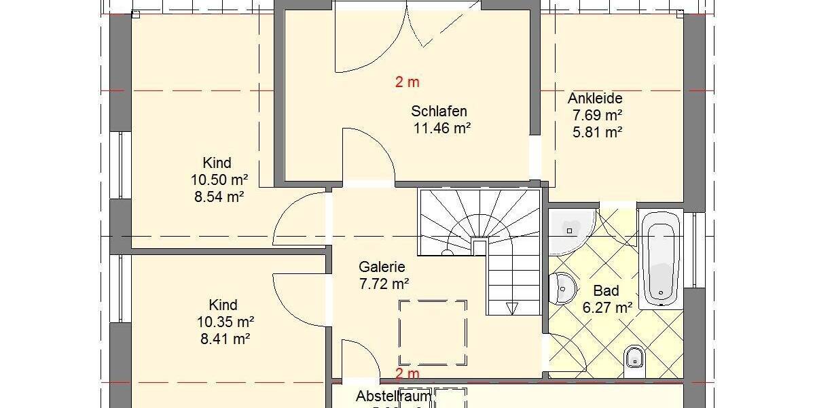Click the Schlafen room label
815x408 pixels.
coord(439,112)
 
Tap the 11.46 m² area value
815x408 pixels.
coord(442,127)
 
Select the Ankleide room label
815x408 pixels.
coord(595,99)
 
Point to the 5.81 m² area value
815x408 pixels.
coord(598,133)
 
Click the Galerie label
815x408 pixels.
coord(382,267)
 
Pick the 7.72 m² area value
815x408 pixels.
coord(384,284)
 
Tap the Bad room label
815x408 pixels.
coord(606,291)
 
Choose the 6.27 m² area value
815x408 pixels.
coord(607,307)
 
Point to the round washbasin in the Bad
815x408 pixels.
coord(562,287)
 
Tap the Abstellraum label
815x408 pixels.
coord(394,396)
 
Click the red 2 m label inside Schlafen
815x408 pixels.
coord(407,82)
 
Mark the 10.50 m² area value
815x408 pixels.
coord(217,180)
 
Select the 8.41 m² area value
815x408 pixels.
coord(223,338)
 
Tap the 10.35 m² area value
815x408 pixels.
coord(223,321)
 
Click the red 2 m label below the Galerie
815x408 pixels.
coord(407,373)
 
